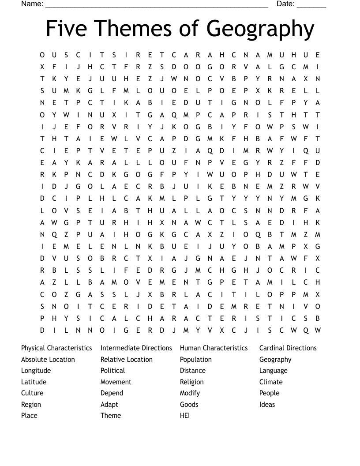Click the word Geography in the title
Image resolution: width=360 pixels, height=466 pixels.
click(x=260, y=29)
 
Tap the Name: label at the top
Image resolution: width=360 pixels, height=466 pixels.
click(x=32, y=4)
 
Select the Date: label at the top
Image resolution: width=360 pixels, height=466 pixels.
click(x=285, y=4)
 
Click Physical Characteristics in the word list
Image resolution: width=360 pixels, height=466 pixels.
click(x=56, y=348)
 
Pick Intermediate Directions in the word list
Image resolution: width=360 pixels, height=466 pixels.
click(x=136, y=348)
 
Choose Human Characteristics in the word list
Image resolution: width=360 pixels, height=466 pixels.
click(x=214, y=348)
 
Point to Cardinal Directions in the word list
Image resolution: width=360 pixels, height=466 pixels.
click(x=288, y=348)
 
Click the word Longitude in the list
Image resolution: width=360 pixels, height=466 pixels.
click(x=36, y=371)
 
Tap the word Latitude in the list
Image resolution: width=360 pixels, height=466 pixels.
click(x=34, y=382)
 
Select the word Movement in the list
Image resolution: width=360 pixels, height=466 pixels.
click(x=116, y=382)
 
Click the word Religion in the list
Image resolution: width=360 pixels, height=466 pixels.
click(x=192, y=382)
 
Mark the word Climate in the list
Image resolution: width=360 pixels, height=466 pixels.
click(x=271, y=382)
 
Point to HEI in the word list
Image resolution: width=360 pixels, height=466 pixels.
click(x=185, y=416)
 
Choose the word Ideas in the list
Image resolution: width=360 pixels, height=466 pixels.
click(x=267, y=405)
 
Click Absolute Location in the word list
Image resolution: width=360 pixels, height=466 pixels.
click(x=48, y=360)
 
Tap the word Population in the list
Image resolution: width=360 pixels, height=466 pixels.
click(x=196, y=360)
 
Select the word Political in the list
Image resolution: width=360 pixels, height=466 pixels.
click(x=112, y=371)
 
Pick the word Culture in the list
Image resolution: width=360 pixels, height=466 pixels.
click(x=32, y=393)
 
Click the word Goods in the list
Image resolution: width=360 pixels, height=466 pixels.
click(x=189, y=405)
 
